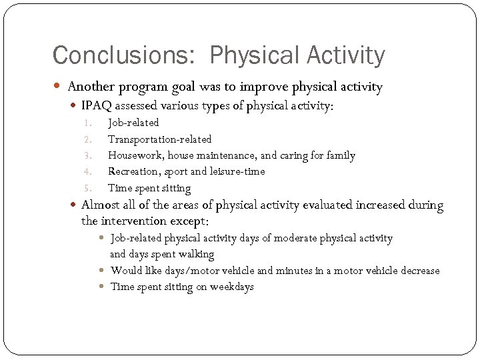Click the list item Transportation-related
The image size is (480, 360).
pyautogui.click(x=159, y=139)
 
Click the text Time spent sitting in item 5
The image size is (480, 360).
pyautogui.click(x=149, y=189)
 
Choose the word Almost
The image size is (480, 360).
pyautogui.click(x=101, y=205)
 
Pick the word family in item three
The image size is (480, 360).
pyautogui.click(x=340, y=155)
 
